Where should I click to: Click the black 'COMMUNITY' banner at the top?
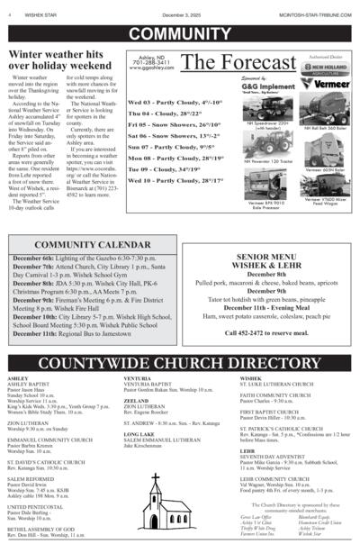coord(179,34)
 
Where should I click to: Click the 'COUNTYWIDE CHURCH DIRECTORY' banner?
coord(179,364)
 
